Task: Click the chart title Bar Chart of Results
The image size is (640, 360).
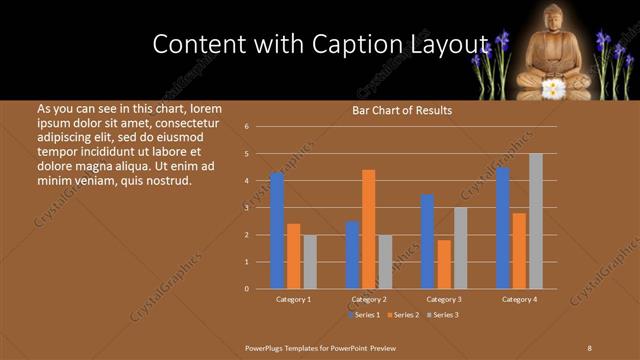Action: [402, 110]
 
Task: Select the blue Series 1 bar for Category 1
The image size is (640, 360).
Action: [277, 231]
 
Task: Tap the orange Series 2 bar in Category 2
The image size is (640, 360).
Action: [369, 229]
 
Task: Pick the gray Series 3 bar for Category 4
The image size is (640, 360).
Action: [536, 221]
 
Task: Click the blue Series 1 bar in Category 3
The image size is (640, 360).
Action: [427, 241]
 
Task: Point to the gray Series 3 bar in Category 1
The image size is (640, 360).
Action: [310, 261]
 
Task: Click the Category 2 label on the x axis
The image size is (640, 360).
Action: [369, 299]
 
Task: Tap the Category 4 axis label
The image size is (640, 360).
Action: [519, 299]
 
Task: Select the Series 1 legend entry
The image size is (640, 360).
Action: [363, 315]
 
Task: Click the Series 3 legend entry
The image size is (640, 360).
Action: [445, 315]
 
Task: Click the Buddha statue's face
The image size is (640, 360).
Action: [553, 19]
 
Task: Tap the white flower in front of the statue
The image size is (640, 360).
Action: [553, 88]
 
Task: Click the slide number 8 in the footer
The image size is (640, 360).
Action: [589, 347]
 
